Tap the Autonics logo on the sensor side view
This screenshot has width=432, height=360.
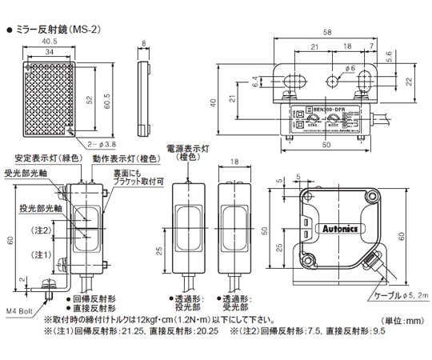point(346,226)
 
